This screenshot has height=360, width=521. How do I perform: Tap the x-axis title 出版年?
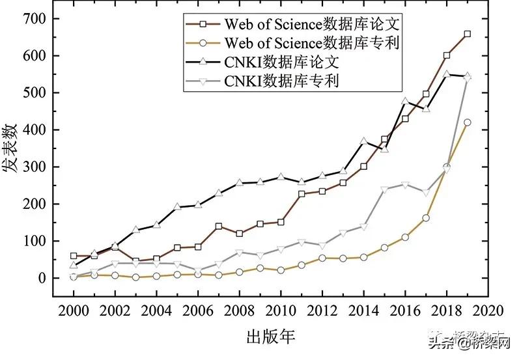[270, 337]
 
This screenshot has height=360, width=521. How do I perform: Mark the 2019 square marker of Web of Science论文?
[467, 34]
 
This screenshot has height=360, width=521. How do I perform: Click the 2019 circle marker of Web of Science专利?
[467, 122]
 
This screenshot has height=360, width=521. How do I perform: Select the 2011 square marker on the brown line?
[302, 194]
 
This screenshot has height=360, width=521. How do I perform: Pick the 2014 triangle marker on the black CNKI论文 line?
[363, 141]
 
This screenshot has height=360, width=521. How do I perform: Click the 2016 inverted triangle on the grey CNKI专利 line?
[405, 185]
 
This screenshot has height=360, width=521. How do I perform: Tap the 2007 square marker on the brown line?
[219, 227]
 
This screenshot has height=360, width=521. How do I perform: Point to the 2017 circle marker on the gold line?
[426, 218]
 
